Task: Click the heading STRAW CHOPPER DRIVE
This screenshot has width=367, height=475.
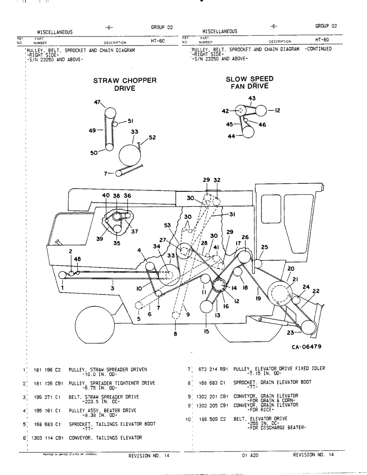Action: tap(125, 84)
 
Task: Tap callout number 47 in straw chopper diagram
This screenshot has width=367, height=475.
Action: tap(97, 103)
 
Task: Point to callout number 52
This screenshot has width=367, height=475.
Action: tap(152, 138)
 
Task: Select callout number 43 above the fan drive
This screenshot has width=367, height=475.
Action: tap(251, 98)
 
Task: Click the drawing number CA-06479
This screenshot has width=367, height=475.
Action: tap(307, 347)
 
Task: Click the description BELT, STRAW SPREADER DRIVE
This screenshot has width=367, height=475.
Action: tap(104, 397)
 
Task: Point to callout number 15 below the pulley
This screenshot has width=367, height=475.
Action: tap(207, 332)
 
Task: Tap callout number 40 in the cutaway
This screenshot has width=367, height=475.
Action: tap(106, 195)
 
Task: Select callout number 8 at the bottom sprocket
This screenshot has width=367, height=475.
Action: tap(175, 334)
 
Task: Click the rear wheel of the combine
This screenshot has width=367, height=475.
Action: tap(97, 323)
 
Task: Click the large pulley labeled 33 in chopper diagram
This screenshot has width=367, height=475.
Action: tap(129, 155)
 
